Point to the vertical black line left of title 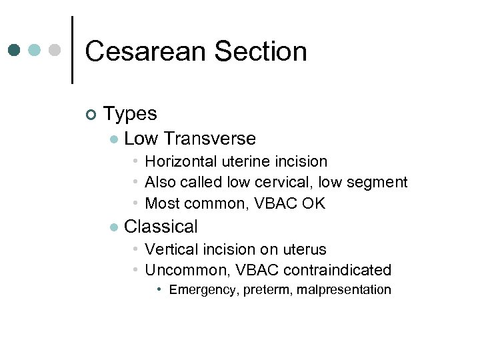tap(71, 50)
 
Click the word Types tap(130, 113)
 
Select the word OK tap(313, 203)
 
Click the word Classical tap(161, 227)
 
